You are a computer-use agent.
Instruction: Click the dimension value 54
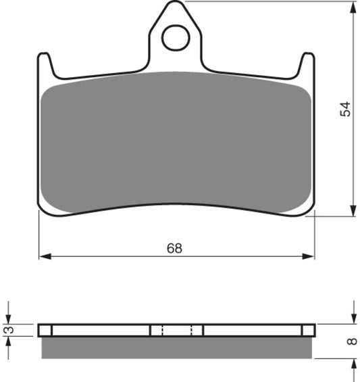tap(346, 109)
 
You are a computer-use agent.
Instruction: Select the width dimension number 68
tap(174, 248)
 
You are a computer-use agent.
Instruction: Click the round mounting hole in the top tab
tap(176, 38)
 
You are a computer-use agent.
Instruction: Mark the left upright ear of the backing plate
tap(45, 65)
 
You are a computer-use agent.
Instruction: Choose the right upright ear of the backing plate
tap(307, 65)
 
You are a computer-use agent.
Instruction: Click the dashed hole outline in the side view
tap(176, 330)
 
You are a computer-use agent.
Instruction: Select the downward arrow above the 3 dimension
tap(9, 316)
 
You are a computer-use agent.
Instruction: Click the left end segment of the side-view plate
tap(45, 330)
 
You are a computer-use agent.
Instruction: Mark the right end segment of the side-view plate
tap(308, 330)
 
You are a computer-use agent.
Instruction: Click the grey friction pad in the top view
tap(176, 142)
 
